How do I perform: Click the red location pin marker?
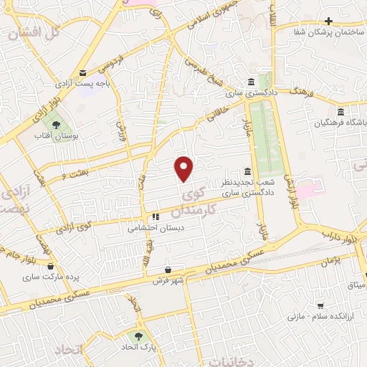pos(185,168)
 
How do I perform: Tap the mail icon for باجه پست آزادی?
pos(83,73)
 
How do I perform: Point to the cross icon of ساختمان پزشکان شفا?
pos(329,22)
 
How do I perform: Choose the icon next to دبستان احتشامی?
pos(154,217)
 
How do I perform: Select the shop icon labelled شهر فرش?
pos(168,270)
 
